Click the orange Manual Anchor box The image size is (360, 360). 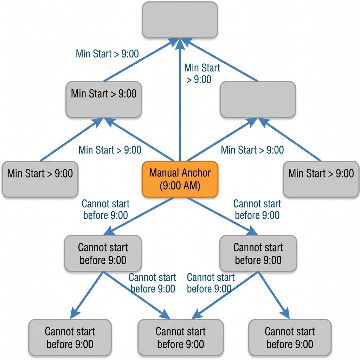click(180, 179)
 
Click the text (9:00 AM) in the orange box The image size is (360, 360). click(180, 186)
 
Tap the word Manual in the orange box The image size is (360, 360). click(164, 173)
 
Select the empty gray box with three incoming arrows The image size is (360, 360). click(180, 20)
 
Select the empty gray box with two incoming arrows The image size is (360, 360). click(258, 99)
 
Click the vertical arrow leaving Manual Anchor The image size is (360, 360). click(180, 105)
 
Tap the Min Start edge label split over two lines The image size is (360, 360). click(202, 73)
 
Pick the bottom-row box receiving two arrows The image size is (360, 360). click(180, 337)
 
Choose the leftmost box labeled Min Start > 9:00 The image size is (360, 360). click(40, 179)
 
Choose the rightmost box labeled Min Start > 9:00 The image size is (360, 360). click(321, 179)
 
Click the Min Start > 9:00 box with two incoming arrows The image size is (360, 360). click(104, 99)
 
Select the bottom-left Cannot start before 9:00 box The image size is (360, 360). click(70, 337)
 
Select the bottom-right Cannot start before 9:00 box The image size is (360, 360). click(290, 337)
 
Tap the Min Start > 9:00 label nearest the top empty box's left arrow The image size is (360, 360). click(107, 54)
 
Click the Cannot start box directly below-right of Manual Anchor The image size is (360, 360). click(258, 253)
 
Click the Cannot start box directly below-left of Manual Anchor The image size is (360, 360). click(103, 253)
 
